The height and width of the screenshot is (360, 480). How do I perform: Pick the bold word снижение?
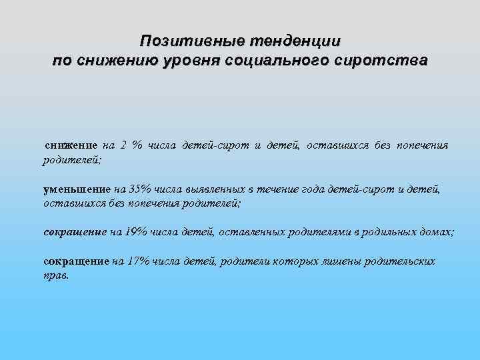pos(71,145)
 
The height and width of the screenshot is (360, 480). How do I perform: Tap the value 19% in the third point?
pos(137,232)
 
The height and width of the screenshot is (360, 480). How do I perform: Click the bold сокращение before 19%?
pos(75,232)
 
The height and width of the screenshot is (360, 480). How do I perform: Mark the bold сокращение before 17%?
pos(75,261)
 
